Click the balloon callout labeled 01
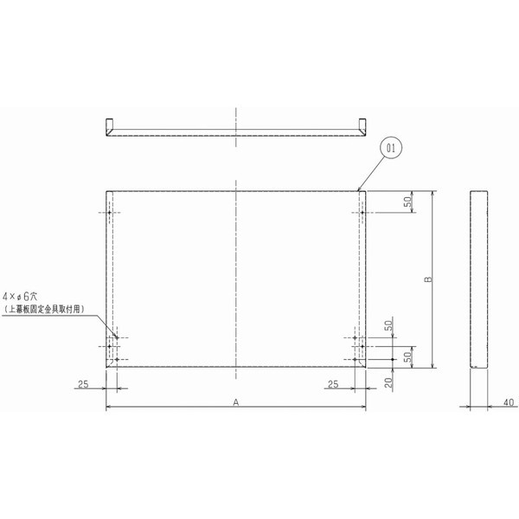pos(391,149)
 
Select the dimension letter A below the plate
pos(235,400)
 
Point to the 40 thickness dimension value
pos(507,401)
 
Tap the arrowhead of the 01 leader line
pos(359,189)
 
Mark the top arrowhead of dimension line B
pos(432,194)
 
